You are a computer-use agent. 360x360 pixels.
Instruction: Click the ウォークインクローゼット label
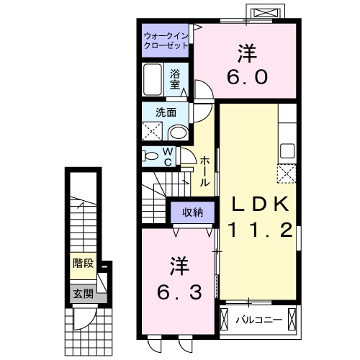coord(166,41)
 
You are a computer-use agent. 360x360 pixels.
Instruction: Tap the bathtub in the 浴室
coord(152,79)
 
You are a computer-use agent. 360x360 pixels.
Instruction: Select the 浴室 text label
coord(175,79)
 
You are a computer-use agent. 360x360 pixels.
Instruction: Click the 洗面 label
coord(166,112)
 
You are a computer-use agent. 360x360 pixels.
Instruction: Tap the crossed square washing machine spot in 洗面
coord(152,131)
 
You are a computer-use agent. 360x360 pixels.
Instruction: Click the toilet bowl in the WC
coord(150,156)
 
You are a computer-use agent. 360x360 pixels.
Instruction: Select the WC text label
coord(168,157)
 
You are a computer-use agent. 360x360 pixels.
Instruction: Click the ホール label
coord(204,171)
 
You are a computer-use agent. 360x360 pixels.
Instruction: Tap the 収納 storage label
coord(192,212)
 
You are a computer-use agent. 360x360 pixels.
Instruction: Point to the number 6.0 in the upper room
coord(248,77)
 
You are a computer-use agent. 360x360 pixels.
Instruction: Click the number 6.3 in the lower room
coord(179,292)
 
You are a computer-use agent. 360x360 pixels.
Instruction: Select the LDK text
coord(260,204)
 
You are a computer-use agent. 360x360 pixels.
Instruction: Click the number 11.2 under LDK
coord(261,230)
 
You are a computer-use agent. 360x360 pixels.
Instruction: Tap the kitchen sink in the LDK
coord(287,150)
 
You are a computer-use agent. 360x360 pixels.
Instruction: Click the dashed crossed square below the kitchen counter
coord(287,174)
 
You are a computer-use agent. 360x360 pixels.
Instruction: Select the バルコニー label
coord(258,320)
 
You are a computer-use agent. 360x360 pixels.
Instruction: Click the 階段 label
coord(83,264)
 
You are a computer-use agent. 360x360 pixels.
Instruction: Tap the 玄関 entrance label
coord(83,293)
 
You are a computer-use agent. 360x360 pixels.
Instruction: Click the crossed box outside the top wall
coord(266,12)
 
